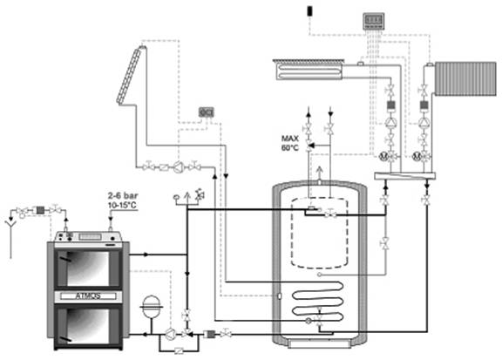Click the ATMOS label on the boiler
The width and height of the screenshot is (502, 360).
(x=88, y=295)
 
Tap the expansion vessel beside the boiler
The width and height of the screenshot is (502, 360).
(x=151, y=307)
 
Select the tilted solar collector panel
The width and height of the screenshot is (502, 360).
(x=130, y=75)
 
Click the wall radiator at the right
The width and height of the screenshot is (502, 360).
(x=465, y=78)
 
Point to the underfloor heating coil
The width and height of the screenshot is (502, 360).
(x=309, y=70)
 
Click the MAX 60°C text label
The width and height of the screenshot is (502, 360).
(x=290, y=143)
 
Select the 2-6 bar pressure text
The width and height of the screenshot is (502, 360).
(x=123, y=195)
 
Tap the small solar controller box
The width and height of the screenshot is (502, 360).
(x=207, y=112)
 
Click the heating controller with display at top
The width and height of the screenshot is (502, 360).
(x=373, y=21)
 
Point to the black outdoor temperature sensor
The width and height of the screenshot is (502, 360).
(x=310, y=10)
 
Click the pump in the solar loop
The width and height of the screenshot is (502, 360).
(x=178, y=166)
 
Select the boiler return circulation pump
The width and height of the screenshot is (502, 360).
(x=170, y=334)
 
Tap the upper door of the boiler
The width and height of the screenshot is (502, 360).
(x=88, y=268)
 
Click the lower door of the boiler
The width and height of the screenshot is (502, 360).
(x=88, y=326)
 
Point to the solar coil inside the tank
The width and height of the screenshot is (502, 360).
(x=317, y=301)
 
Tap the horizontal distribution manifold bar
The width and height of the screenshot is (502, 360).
(x=405, y=176)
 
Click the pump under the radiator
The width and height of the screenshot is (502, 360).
(x=424, y=122)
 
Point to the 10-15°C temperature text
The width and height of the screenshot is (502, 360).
(x=123, y=205)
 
